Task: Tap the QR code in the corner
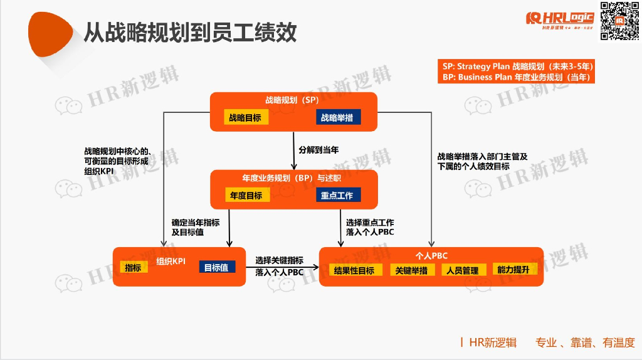click(615, 21)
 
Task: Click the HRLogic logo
click(560, 21)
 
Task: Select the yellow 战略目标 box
click(245, 117)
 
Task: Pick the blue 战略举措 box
click(337, 117)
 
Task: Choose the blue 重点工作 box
click(337, 195)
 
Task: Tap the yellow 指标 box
click(134, 267)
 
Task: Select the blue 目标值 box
click(217, 267)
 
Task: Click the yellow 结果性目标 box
click(354, 270)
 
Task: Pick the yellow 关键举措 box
click(411, 270)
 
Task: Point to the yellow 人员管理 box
click(463, 270)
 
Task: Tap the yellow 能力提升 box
click(513, 270)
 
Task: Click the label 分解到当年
click(319, 151)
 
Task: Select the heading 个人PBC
click(431, 256)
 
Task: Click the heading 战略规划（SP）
click(292, 100)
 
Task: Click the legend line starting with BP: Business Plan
click(517, 77)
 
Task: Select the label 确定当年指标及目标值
click(196, 227)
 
